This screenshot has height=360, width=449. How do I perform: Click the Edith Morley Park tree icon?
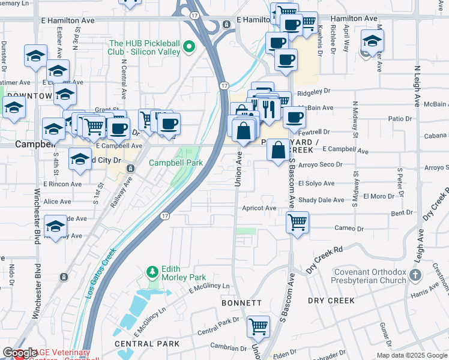tap(153, 272)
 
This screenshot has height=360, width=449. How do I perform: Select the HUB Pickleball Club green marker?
tap(190, 46)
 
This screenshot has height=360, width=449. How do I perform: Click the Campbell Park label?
tap(175, 163)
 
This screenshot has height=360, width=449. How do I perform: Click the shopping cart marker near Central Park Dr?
tap(259, 327)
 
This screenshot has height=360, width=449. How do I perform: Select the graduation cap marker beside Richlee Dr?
tap(372, 41)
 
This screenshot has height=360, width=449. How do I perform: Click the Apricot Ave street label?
tap(259, 208)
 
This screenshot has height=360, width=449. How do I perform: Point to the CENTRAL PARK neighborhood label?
tap(147, 344)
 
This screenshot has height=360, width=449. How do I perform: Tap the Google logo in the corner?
tap(20, 353)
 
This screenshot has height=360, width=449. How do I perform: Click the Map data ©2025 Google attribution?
tap(411, 355)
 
